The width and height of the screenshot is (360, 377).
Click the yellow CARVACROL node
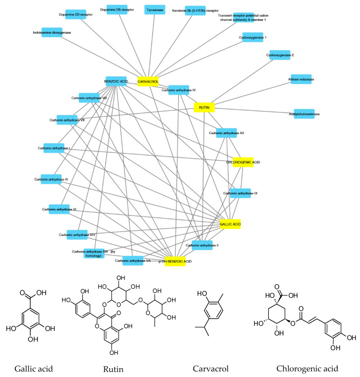tap(148, 81)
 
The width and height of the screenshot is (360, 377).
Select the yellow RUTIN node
tap(204, 107)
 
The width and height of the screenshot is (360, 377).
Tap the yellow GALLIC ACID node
tap(230, 224)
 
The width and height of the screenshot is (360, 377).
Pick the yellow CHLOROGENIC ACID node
tap(243, 162)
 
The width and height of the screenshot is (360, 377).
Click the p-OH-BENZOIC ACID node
tap(175, 261)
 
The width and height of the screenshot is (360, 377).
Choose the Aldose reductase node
tap(301, 79)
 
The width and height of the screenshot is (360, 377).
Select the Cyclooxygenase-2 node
tap(280, 55)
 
